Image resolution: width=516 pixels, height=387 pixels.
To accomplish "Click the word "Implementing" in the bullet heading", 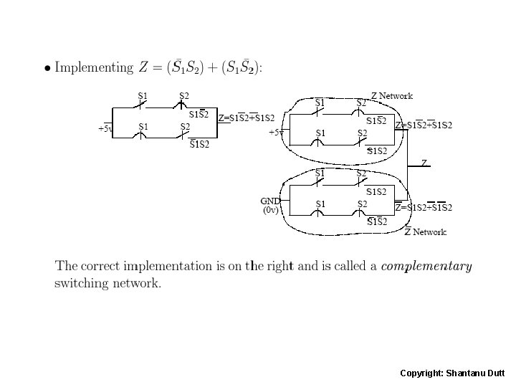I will (94, 68).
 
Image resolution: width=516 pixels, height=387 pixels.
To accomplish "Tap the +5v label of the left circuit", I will (105, 129).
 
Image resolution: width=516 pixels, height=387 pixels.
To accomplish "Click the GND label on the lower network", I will (270, 201).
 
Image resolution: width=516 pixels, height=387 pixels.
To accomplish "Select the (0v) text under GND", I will (270, 211).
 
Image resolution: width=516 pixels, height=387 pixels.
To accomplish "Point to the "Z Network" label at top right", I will (392, 96).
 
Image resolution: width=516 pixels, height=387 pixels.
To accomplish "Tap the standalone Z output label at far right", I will (424, 163).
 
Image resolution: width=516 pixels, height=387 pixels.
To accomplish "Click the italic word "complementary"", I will (426, 267).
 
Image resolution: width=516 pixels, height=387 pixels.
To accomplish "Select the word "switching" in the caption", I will (81, 283).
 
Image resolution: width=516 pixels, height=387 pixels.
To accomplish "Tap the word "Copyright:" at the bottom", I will (421, 373).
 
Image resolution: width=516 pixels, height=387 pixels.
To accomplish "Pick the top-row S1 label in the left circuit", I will (143, 95).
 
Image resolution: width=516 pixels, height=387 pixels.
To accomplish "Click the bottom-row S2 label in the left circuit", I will (185, 127).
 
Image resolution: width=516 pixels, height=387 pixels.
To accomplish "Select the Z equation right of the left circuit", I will (247, 118).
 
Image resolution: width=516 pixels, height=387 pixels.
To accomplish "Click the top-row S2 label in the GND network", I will (362, 173).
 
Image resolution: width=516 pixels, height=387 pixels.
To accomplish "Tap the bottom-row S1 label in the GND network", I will (321, 204).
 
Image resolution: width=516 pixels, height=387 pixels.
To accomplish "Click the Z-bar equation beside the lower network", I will (424, 208).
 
